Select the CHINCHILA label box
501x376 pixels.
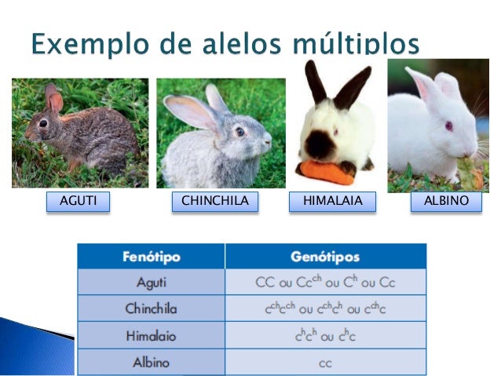coord(214,202)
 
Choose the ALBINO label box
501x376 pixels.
coord(446,202)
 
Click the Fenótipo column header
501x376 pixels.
coord(151,256)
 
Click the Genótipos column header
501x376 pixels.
coord(325,256)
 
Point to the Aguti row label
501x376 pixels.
coord(151,282)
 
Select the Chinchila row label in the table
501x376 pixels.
coord(151,308)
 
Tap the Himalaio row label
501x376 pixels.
coord(151,335)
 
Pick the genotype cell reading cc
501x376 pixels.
coord(325,363)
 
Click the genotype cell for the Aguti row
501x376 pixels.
coord(325,282)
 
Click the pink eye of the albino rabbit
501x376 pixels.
coord(449,126)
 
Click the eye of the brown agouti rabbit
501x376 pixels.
coord(42,122)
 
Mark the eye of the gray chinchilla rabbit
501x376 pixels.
coord(239,132)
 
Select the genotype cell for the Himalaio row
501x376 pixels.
coord(325,335)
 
